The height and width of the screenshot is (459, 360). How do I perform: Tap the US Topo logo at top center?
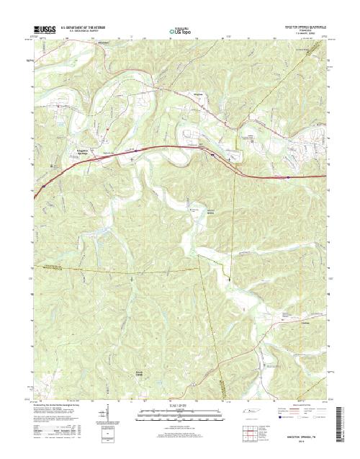(x=180, y=31)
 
